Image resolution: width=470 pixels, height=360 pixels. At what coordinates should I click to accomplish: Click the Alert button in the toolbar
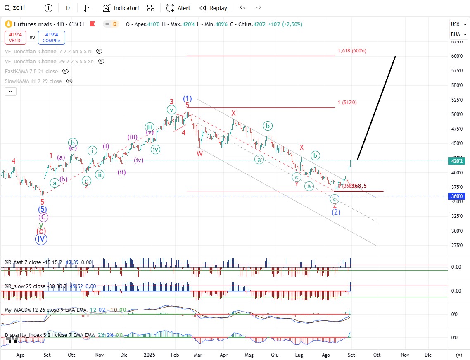point(178,8)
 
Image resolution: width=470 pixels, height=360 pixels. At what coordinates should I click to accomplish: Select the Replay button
point(213,8)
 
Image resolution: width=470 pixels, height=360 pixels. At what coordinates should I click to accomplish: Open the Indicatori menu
point(121,8)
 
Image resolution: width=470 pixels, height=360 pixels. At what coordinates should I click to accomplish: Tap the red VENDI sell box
point(16,38)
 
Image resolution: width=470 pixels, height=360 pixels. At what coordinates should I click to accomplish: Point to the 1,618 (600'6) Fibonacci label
point(352,51)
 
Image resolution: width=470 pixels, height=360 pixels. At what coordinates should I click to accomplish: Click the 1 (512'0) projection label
point(347,103)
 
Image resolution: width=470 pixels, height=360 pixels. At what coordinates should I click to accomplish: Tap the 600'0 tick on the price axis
point(456,56)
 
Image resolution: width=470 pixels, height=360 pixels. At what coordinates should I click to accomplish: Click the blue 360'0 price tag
point(456,196)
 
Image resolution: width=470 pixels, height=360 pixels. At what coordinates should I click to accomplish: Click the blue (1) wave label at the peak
point(187,99)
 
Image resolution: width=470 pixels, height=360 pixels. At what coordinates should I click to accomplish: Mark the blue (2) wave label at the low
point(336,212)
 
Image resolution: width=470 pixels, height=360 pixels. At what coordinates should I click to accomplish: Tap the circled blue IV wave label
point(40,239)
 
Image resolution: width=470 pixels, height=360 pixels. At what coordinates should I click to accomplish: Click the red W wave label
point(199,153)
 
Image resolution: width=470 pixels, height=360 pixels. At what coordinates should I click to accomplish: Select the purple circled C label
point(43,217)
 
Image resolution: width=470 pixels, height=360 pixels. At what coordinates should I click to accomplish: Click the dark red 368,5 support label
point(359,186)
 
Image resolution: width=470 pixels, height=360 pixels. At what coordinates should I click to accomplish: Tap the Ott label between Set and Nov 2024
point(71,355)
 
